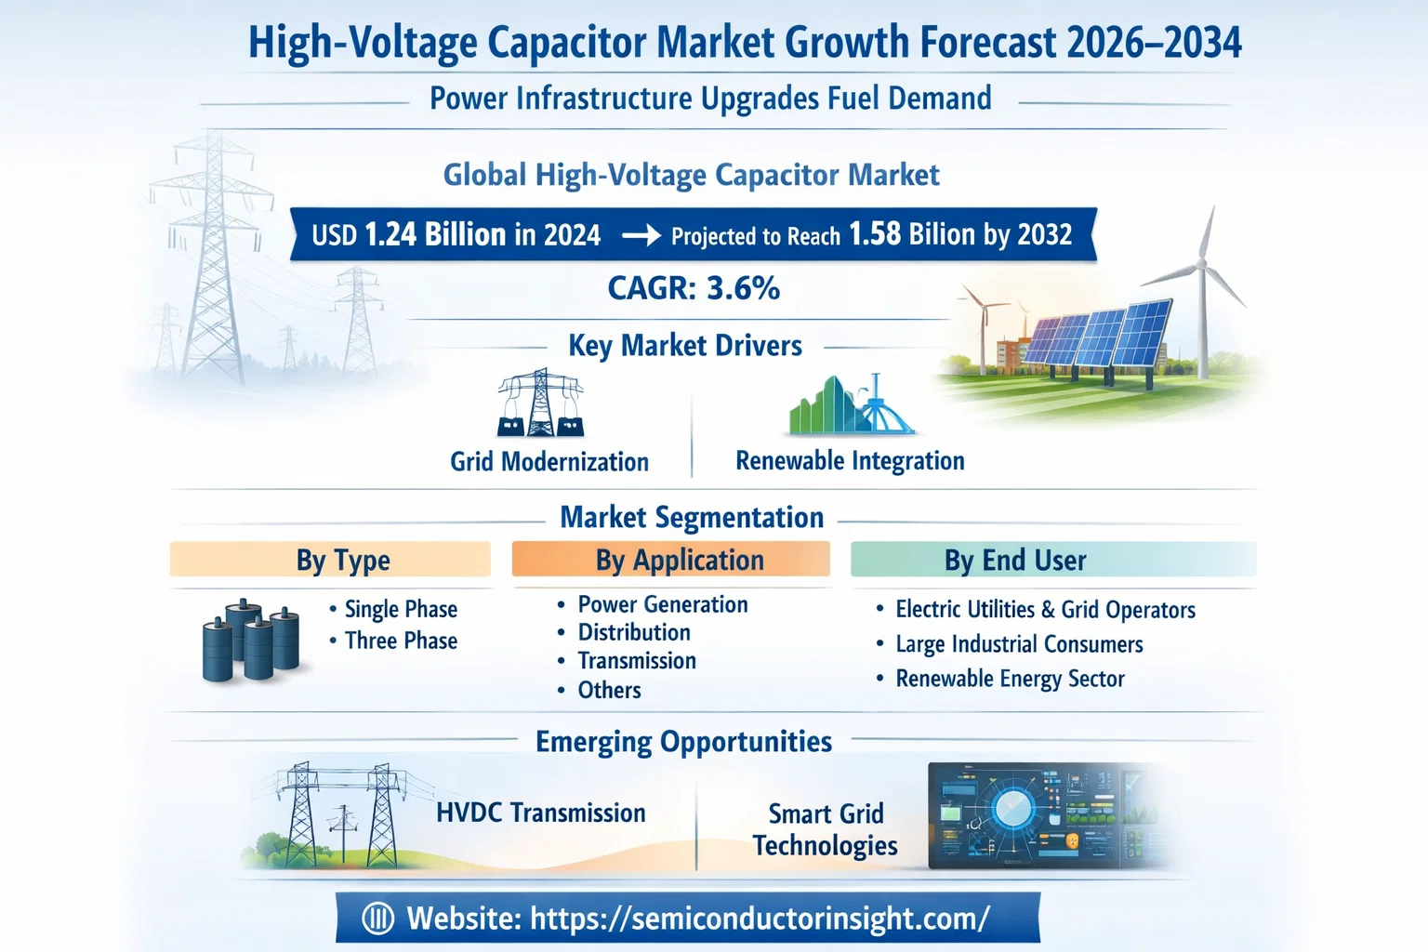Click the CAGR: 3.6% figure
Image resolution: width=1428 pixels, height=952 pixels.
pos(694,288)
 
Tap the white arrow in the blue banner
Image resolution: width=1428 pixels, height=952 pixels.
pos(641,236)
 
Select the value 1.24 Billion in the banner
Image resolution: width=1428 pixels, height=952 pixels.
pos(435,234)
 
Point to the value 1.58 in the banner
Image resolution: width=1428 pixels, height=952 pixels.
pos(875,234)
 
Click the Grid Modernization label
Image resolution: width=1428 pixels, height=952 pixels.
pos(549,462)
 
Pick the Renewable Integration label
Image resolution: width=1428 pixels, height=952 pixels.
pos(850,461)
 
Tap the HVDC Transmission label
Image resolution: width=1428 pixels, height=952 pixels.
pos(540,813)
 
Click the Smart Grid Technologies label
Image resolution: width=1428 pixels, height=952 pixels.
pos(826,829)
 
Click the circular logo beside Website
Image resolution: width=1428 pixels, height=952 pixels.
pos(378,919)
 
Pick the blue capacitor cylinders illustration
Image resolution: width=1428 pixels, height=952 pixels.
pos(251,641)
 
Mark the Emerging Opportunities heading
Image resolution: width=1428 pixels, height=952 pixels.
pos(683,742)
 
